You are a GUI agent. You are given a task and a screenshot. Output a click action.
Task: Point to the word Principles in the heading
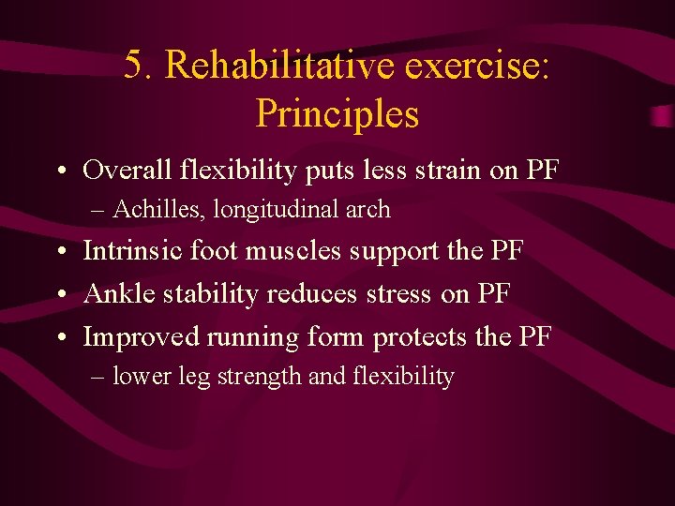click(337, 114)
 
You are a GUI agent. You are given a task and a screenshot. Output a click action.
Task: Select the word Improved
click(142, 336)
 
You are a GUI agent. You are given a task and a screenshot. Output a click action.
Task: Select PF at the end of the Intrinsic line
click(504, 251)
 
